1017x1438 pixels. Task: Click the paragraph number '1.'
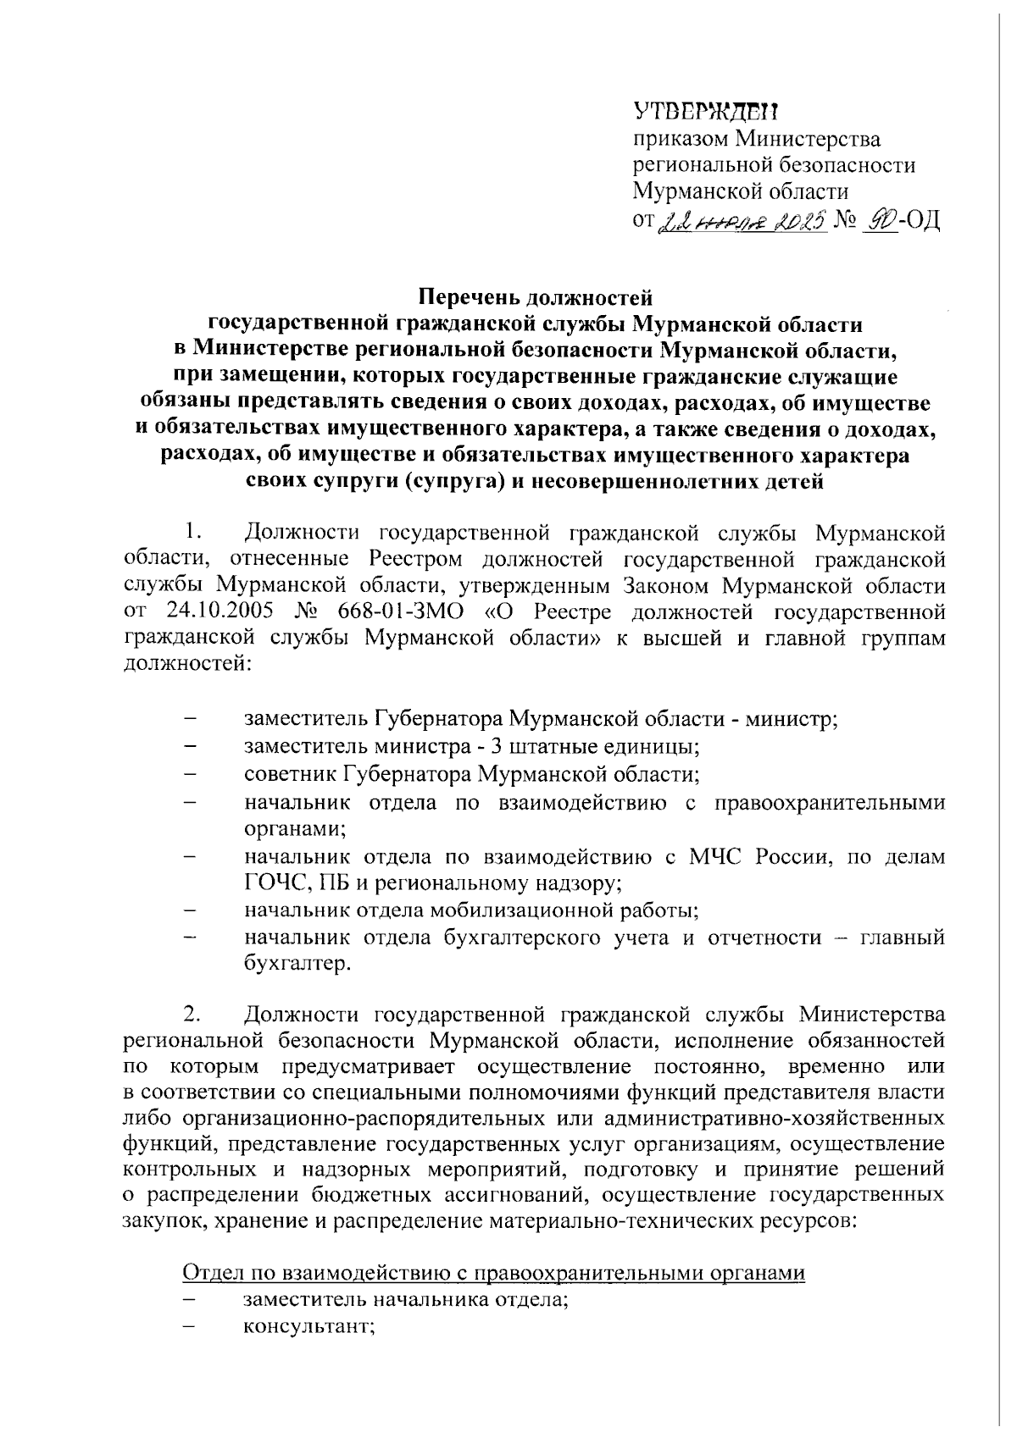(191, 533)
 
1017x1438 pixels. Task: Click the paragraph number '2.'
(191, 1014)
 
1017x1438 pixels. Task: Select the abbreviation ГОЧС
(273, 883)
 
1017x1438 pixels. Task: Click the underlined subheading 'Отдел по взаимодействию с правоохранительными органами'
(493, 1274)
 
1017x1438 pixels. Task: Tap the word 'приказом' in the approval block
(681, 138)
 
